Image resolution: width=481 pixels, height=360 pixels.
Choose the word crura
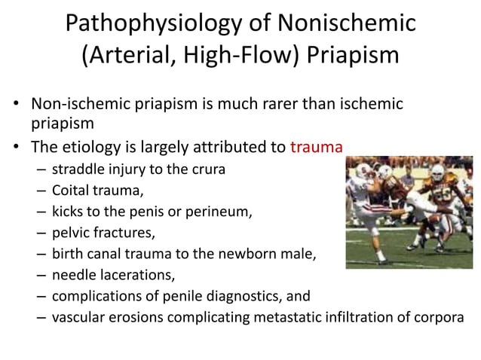[207, 170]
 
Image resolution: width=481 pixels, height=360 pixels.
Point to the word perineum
[222, 212]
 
